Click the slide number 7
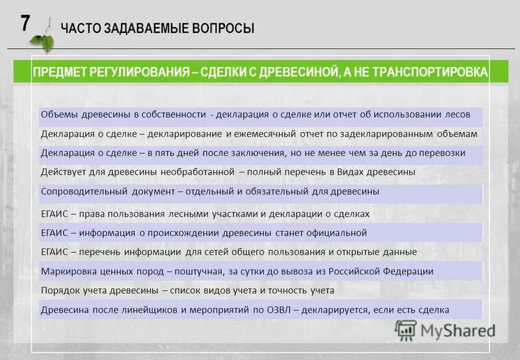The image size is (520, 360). pos(25,23)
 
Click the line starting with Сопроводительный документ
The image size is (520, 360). pos(210,192)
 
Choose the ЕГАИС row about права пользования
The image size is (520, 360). pos(205,213)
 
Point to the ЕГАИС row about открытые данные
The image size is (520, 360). pos(229,251)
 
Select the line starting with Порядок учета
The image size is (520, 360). pos(187,290)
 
